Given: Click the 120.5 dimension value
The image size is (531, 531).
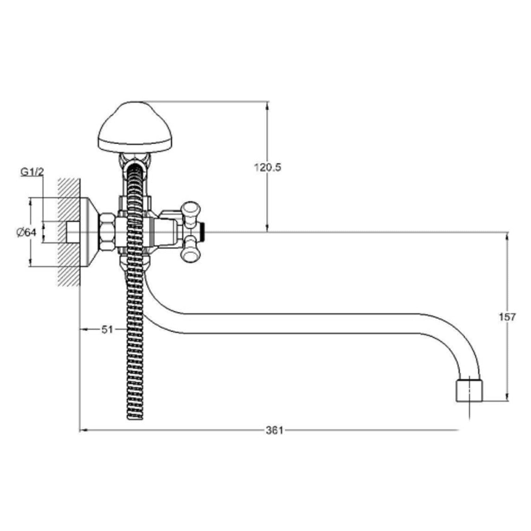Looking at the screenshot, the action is [267, 167].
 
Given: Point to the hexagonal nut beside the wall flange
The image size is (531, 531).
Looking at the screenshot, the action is [108, 232].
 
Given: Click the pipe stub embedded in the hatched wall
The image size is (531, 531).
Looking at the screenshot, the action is [73, 232].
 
